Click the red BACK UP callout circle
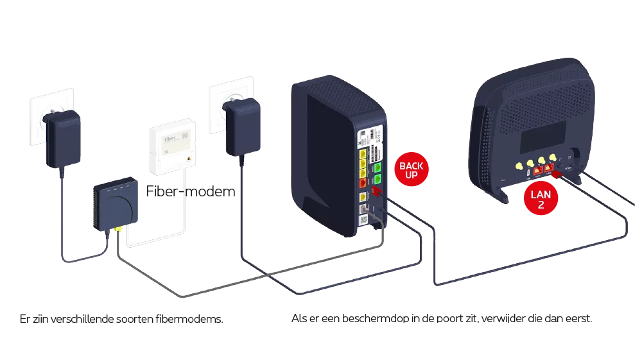(411, 170)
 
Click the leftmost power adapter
(62, 138)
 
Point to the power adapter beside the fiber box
(238, 128)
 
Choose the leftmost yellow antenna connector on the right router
(517, 165)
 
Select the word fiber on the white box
(162, 137)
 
